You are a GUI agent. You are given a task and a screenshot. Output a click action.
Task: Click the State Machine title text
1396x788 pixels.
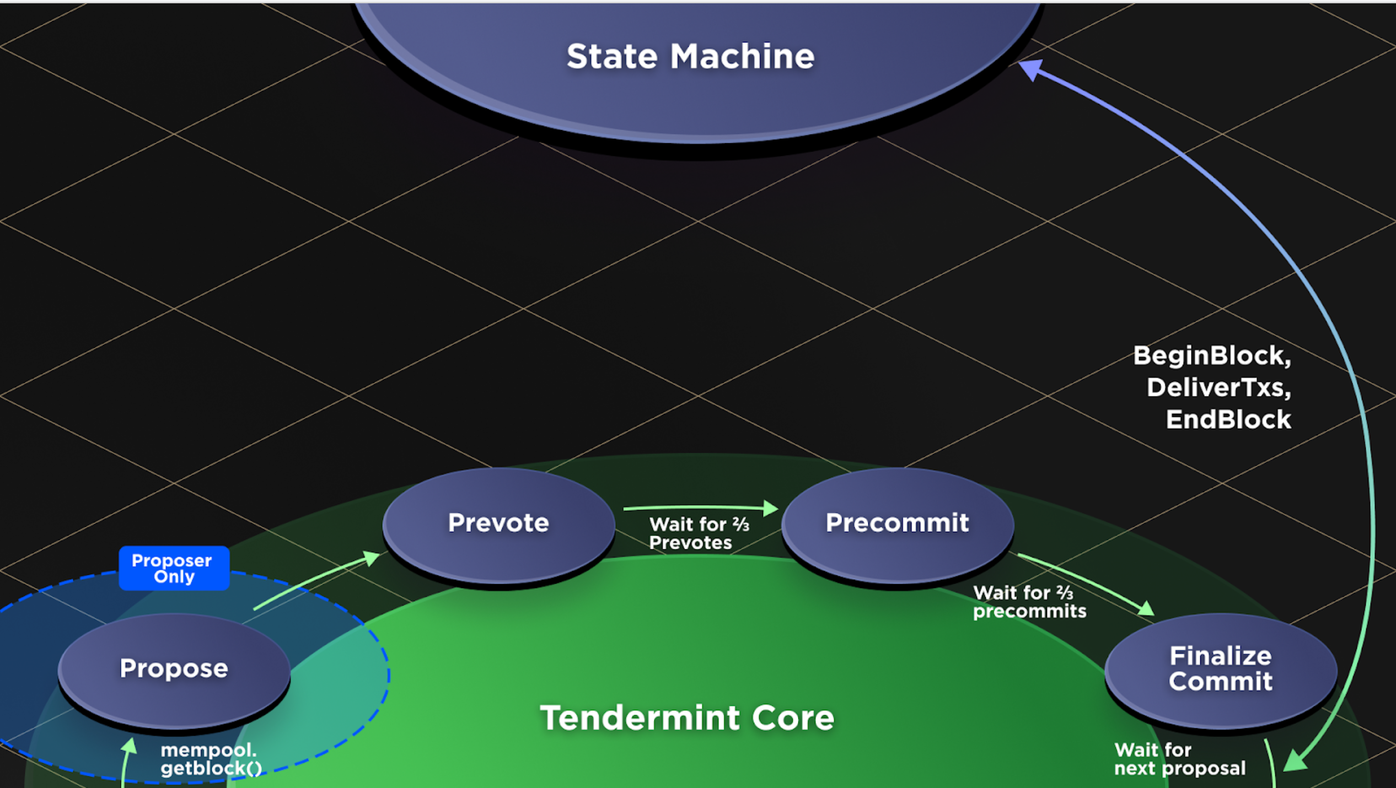coord(690,57)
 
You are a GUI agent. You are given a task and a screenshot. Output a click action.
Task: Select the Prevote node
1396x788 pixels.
coord(498,523)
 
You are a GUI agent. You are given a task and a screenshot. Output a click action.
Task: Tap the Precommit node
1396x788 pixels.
coord(897,523)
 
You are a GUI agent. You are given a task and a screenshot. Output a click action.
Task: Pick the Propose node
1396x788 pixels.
coord(174,668)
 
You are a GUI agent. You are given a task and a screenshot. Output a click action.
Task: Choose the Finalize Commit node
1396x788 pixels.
coord(1221,669)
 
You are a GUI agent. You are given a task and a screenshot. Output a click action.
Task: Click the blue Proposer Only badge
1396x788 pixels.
coord(174,568)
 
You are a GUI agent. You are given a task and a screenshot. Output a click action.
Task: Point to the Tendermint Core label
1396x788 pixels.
coord(687,718)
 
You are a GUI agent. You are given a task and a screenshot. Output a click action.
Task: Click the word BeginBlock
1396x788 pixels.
coord(1211,356)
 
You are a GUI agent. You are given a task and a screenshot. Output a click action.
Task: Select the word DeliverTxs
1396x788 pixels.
coord(1218,388)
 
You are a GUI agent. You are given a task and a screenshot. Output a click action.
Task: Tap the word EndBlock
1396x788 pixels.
coord(1228,420)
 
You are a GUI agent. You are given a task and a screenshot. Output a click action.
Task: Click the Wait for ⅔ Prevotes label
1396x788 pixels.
coord(698,533)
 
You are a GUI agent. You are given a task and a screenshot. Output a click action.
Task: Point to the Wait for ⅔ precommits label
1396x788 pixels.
coord(1029,602)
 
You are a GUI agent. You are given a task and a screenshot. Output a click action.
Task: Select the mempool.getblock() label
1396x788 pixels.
coord(211,759)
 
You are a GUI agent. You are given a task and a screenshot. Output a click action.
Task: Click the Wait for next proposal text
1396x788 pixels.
coord(1179,759)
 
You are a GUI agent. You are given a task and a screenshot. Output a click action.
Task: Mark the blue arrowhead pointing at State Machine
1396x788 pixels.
coord(1030,69)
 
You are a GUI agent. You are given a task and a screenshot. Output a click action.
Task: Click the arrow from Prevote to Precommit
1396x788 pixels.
coord(700,508)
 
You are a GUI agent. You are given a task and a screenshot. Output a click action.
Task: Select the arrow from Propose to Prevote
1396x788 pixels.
coord(314,584)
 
